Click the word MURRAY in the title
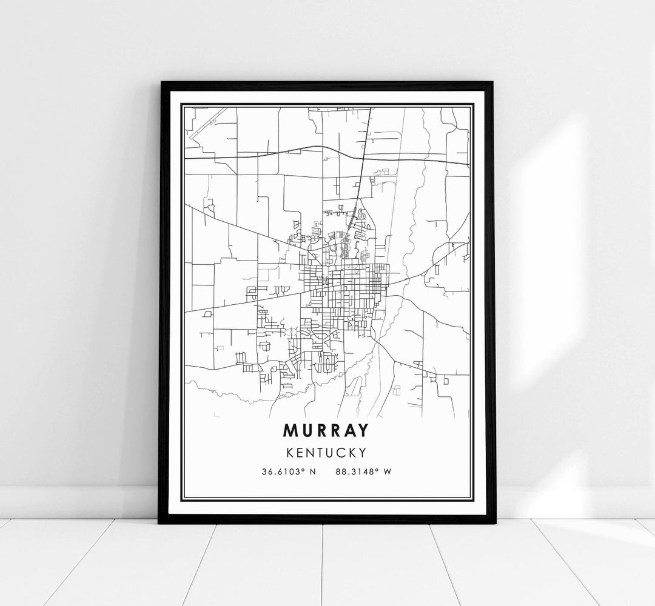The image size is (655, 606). tap(326, 430)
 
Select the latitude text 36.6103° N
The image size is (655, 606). tap(289, 472)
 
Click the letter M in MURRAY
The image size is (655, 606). tap(291, 430)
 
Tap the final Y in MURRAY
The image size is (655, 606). tap(361, 430)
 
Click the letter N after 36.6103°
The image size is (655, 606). tap(313, 472)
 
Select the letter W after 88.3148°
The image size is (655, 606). tap(388, 472)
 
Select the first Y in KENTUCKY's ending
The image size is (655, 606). tap(361, 452)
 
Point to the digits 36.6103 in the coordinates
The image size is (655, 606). tap(283, 472)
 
